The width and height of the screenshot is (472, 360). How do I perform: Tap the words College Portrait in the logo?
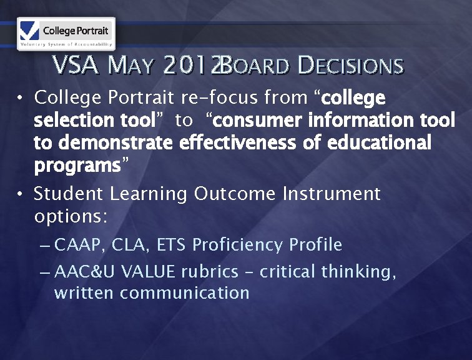click(76, 29)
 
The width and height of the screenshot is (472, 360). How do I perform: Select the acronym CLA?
click(130, 245)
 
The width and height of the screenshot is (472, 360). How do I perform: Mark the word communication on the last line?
click(185, 292)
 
